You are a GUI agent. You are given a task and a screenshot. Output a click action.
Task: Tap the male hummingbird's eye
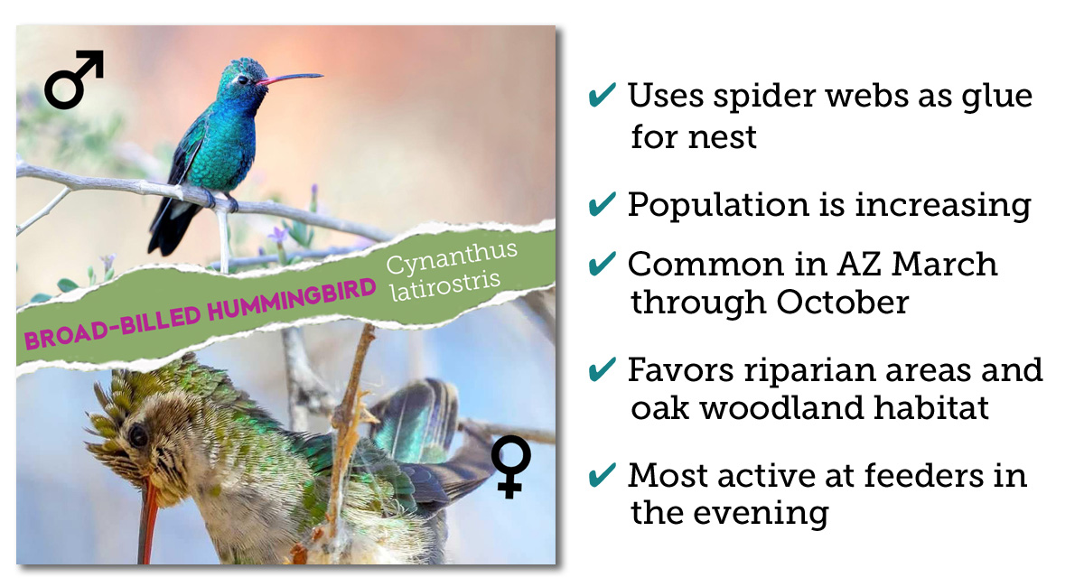point(242,79)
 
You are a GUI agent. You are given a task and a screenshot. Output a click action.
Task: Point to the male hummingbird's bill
point(289,79)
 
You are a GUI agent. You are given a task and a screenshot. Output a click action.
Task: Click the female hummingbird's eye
point(138,435)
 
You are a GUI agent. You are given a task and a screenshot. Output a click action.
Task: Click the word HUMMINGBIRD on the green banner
point(292,300)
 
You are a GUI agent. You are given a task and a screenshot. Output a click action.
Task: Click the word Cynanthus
point(452,257)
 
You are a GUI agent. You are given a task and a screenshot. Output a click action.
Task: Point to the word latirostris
point(445,286)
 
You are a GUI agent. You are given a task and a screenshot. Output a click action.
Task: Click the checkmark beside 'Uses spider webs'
point(602,95)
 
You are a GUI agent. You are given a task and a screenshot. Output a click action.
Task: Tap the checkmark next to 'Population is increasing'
point(602,204)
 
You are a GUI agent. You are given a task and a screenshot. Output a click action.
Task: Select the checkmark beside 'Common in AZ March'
point(602,264)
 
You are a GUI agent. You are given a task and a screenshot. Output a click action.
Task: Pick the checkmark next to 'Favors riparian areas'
point(602,369)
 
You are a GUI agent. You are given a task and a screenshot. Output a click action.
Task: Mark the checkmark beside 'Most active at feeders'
point(602,475)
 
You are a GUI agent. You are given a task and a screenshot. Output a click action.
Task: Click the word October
point(843,303)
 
